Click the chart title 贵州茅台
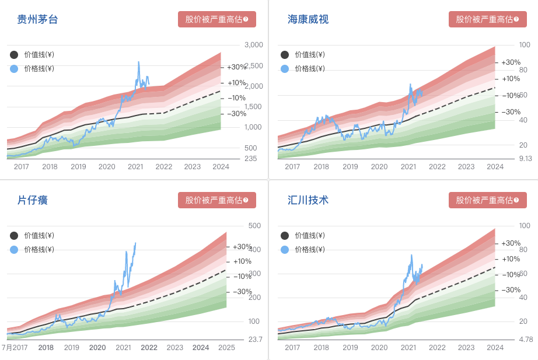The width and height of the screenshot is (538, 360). click(x=37, y=20)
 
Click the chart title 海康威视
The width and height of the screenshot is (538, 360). click(x=308, y=20)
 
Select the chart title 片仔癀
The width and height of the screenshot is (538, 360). click(x=32, y=201)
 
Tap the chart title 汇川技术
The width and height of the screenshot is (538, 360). click(x=308, y=201)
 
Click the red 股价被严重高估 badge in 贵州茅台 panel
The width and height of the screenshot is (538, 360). click(x=217, y=19)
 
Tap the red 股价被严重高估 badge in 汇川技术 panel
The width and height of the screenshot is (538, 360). click(x=488, y=200)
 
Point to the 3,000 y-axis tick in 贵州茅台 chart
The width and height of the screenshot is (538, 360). click(x=254, y=45)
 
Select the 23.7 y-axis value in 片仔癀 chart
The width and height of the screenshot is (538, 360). click(x=255, y=339)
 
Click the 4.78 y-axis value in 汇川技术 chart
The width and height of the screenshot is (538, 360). click(x=526, y=339)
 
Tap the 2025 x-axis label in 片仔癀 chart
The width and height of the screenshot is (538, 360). click(x=226, y=348)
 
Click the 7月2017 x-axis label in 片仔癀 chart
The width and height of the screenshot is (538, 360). click(x=14, y=348)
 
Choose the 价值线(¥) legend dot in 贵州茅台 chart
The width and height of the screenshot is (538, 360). click(x=14, y=55)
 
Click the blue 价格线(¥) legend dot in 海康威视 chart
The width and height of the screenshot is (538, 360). click(x=285, y=69)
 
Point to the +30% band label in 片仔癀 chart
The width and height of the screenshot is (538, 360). click(x=242, y=247)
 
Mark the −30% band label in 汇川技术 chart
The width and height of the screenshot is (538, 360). click(x=511, y=290)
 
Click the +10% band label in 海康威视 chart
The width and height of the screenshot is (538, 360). click(x=511, y=79)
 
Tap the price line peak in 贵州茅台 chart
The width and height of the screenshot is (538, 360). click(x=138, y=62)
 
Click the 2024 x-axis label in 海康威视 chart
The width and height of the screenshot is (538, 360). click(x=495, y=167)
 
